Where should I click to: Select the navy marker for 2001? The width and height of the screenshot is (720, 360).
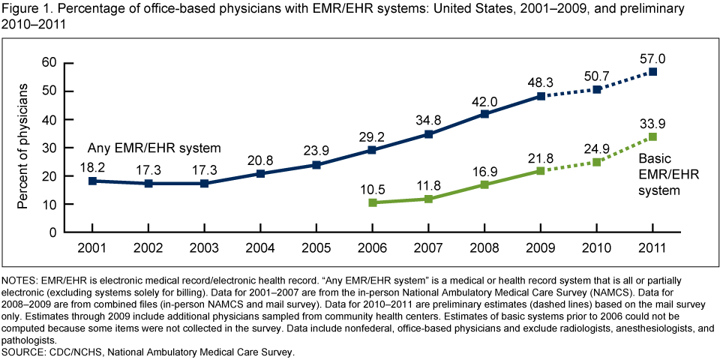[91, 181]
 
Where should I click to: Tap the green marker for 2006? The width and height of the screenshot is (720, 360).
[372, 202]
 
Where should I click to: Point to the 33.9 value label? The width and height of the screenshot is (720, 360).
[652, 122]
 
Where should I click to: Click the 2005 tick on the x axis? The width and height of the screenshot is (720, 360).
[316, 247]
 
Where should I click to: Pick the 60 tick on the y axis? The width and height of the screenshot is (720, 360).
[49, 62]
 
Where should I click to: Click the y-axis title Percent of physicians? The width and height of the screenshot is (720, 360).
[25, 146]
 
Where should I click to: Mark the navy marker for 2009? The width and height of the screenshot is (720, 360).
[540, 96]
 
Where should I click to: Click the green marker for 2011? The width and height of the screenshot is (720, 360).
[652, 136]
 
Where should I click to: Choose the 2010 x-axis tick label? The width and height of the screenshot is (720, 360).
[596, 247]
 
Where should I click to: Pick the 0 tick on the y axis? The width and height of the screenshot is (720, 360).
[53, 232]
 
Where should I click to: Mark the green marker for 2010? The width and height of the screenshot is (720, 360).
[596, 162]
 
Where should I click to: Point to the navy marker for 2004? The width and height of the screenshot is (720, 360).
[259, 173]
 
